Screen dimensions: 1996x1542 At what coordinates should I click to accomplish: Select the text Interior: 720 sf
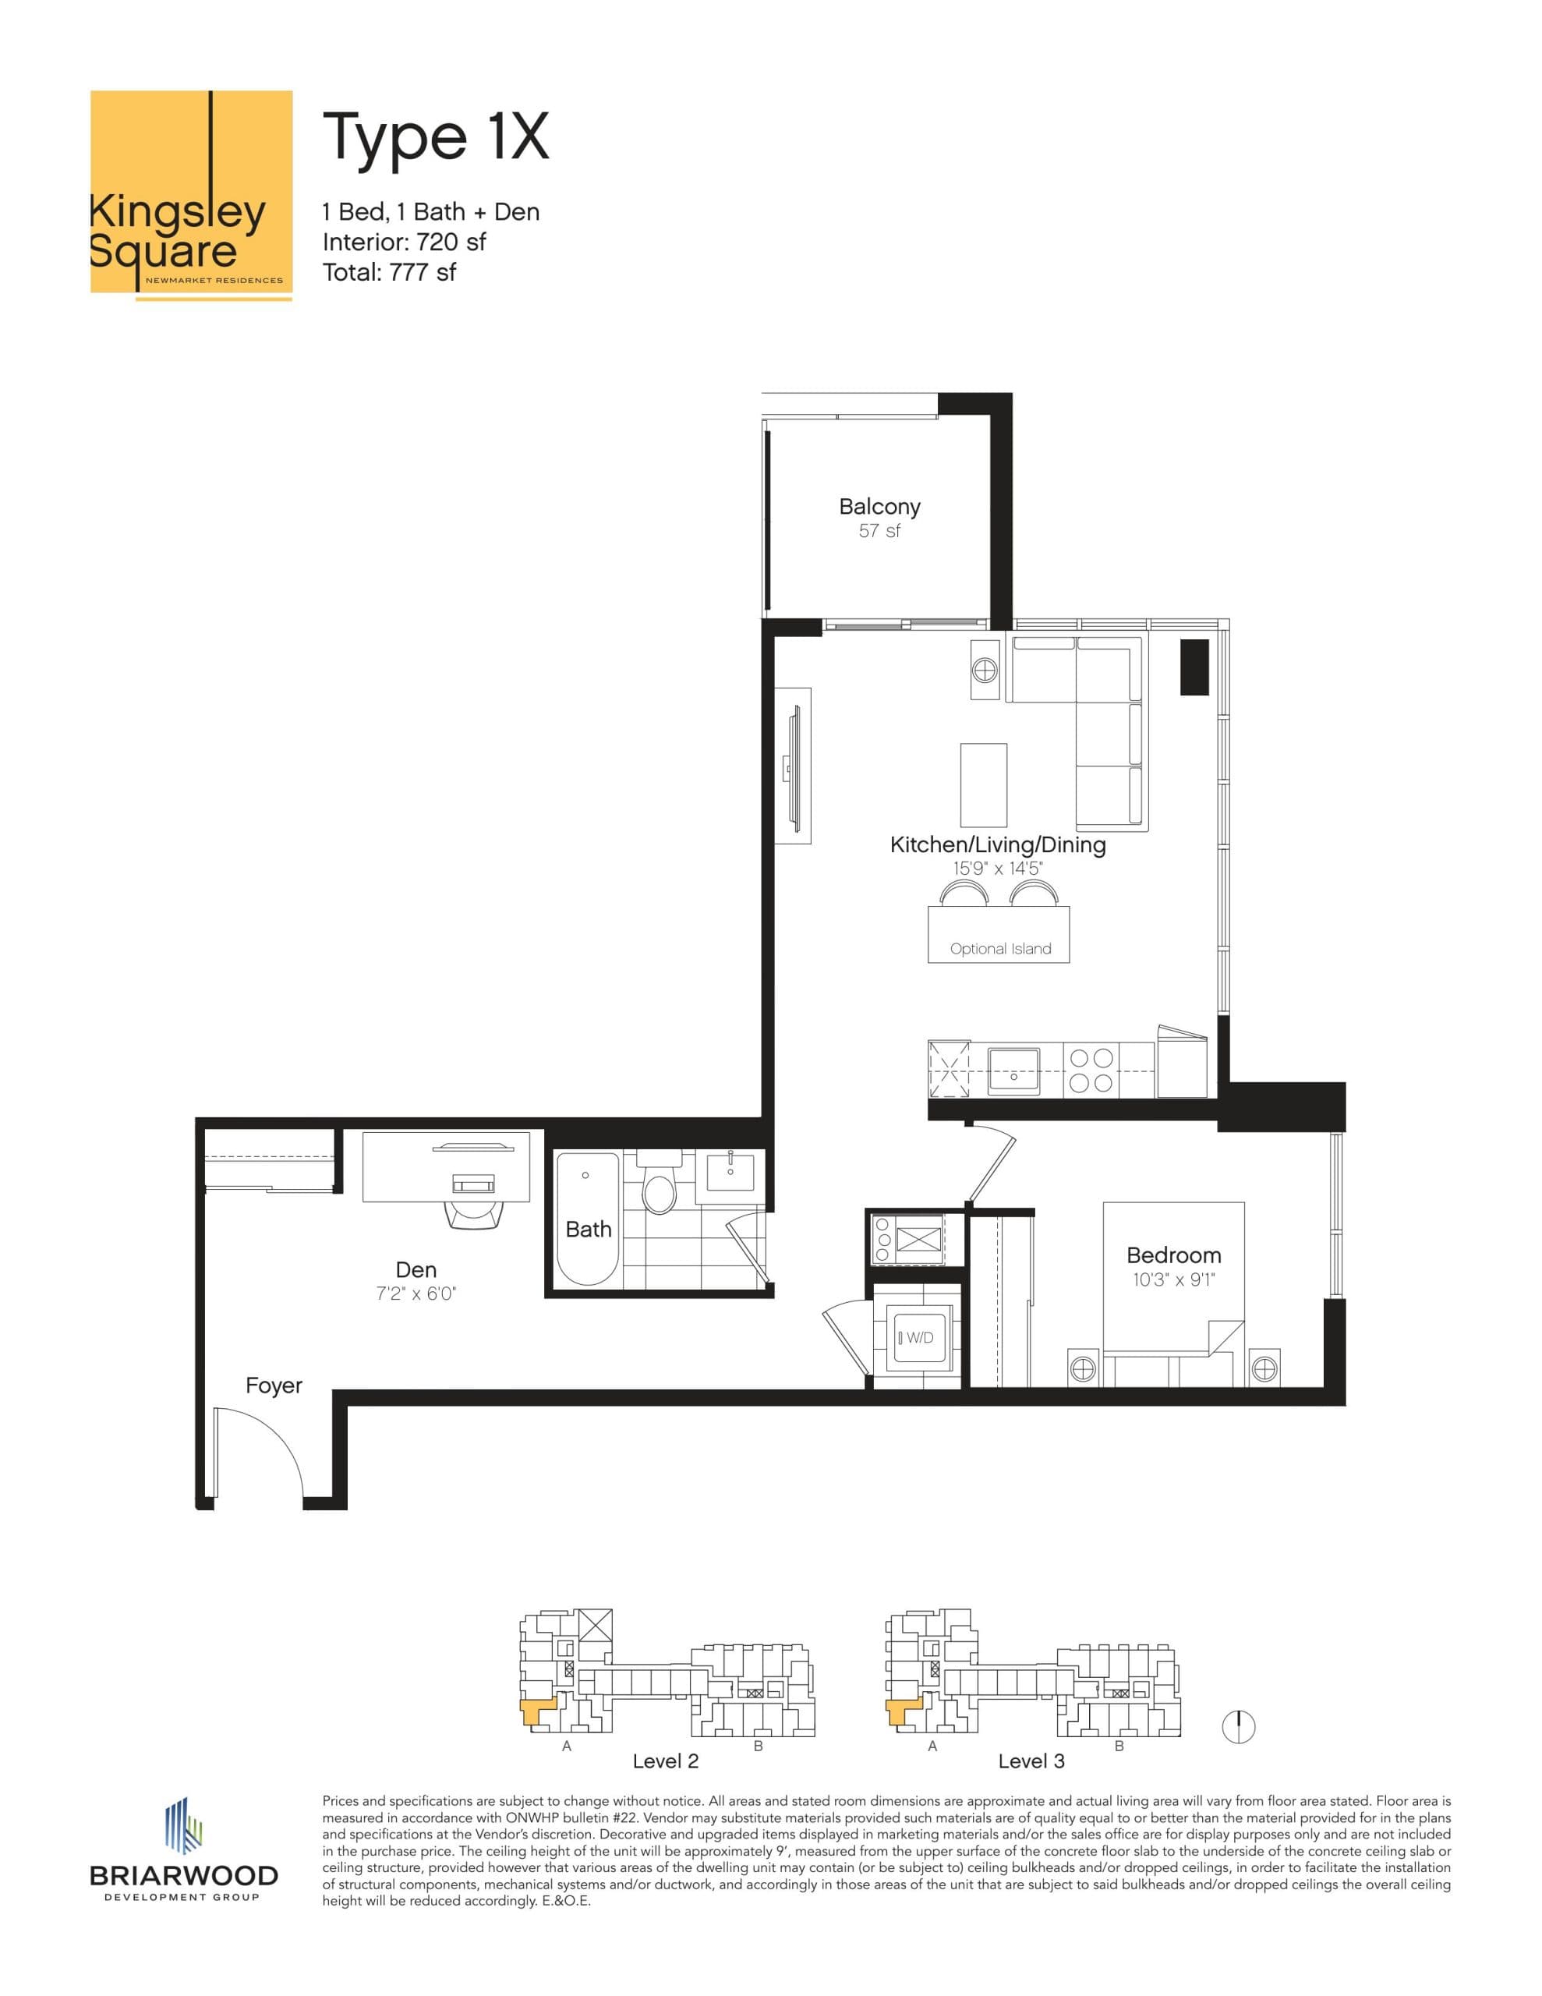(403, 242)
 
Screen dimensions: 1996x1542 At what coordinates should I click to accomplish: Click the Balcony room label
(879, 506)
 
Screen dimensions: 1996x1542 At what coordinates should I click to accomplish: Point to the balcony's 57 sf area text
(879, 531)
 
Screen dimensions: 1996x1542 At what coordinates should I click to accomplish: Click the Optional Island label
(1000, 949)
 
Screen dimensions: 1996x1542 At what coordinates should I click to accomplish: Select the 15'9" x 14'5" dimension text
(997, 869)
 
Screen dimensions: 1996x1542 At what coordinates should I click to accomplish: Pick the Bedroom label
(1173, 1255)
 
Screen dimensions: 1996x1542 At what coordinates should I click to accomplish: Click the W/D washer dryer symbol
(918, 1338)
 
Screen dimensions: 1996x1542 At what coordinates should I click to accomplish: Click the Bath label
(588, 1230)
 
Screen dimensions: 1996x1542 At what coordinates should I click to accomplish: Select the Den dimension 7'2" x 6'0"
(416, 1294)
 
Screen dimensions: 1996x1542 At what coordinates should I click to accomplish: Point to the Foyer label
(274, 1386)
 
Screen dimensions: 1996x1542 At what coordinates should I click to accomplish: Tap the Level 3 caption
(1031, 1761)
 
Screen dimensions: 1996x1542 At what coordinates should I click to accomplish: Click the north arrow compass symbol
(1239, 1726)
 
